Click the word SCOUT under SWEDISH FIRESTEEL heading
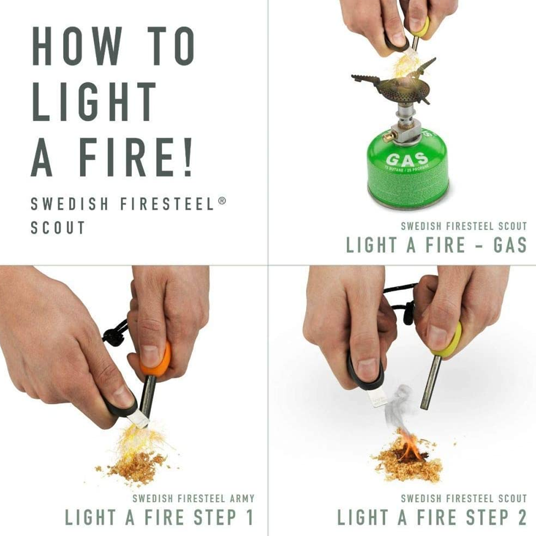point(58,227)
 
